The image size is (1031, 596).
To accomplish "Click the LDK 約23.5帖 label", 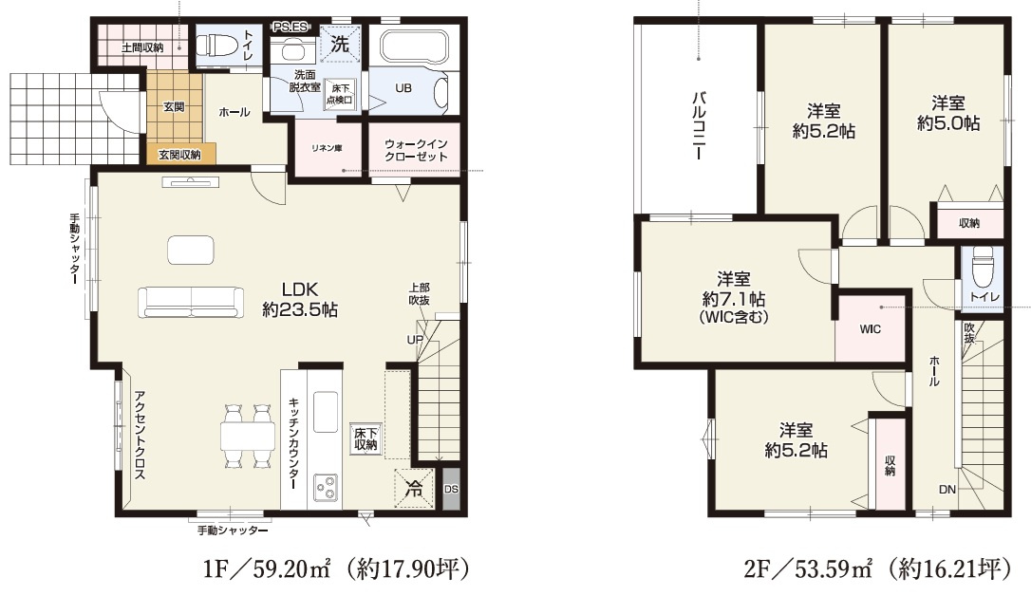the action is [x=300, y=300].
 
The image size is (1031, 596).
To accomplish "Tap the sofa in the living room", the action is [x=191, y=303].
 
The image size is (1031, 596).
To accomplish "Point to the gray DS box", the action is [x=451, y=489].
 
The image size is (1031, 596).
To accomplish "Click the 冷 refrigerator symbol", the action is [x=414, y=488].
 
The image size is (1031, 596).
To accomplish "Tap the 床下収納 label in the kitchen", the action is [x=366, y=438].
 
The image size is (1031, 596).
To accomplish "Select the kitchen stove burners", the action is [x=327, y=488].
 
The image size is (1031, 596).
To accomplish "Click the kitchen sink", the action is [x=326, y=412].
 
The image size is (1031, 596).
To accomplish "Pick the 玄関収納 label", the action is [x=178, y=155].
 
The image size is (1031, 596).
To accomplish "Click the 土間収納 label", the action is [x=142, y=47].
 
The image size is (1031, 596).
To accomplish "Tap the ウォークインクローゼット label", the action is [x=416, y=150].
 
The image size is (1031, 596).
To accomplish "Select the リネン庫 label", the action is [x=327, y=148].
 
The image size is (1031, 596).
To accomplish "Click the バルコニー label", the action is [x=699, y=125].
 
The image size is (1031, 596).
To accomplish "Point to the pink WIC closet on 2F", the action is [x=870, y=328].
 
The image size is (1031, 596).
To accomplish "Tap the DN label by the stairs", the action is [x=947, y=490].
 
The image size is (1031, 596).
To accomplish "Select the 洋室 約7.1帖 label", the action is [x=734, y=298].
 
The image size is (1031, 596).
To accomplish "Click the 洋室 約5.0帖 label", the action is [x=948, y=113].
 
